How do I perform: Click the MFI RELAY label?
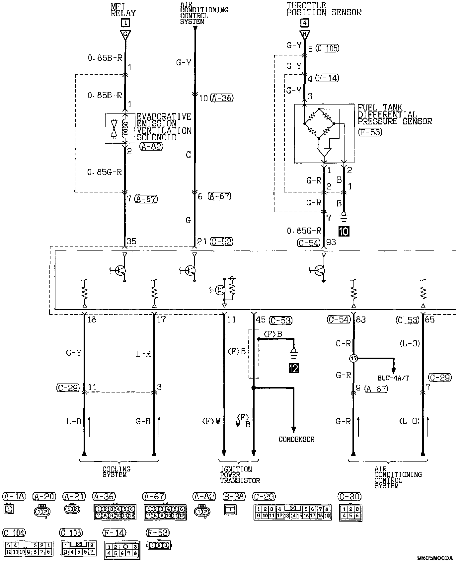point(123,10)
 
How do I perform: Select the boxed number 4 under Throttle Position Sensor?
point(304,23)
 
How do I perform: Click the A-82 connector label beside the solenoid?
point(151,146)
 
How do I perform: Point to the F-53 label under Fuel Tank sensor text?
point(370,132)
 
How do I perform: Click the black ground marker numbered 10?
point(344,231)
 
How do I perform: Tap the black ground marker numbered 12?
point(294,368)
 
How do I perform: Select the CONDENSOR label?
point(296,439)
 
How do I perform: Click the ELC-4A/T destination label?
point(393,378)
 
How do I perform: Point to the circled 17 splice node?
point(353,358)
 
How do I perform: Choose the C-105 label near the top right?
point(327,48)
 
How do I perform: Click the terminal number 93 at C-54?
point(331,243)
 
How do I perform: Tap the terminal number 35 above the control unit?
point(131,242)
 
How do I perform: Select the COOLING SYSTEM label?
point(116,472)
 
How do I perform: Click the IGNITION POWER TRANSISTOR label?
point(240,474)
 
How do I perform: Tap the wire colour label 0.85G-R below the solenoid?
point(105,172)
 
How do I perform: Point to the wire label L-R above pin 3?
point(143,354)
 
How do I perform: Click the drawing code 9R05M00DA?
point(435,558)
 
